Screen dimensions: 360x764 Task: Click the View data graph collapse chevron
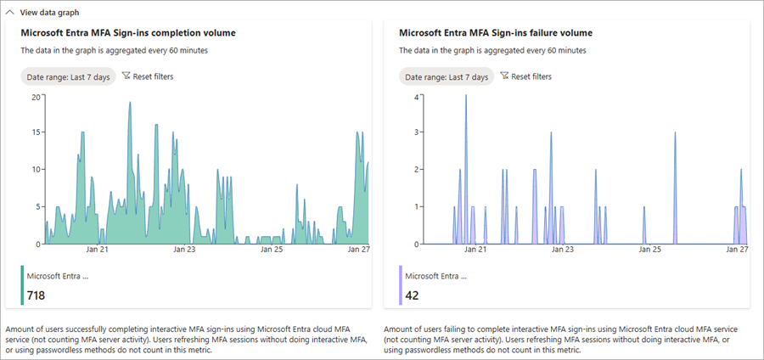point(10,13)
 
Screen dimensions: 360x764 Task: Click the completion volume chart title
point(127,33)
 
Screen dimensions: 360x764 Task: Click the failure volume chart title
point(495,33)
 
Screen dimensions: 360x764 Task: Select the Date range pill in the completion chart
point(67,77)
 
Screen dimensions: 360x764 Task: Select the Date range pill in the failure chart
point(447,77)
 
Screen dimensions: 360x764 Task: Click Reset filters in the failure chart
point(526,76)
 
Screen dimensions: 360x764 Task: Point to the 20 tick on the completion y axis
point(36,96)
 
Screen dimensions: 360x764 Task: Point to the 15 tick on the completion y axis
point(36,132)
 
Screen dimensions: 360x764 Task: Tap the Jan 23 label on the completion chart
point(184,250)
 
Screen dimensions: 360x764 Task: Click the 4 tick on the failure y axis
point(416,96)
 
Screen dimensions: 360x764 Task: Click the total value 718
point(36,295)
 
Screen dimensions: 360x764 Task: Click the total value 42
point(412,295)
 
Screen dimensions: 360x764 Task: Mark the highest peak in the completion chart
point(130,103)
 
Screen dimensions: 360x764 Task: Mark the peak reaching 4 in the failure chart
point(465,96)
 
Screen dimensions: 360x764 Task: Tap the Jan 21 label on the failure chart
point(476,250)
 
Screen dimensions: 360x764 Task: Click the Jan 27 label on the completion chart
point(357,250)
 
